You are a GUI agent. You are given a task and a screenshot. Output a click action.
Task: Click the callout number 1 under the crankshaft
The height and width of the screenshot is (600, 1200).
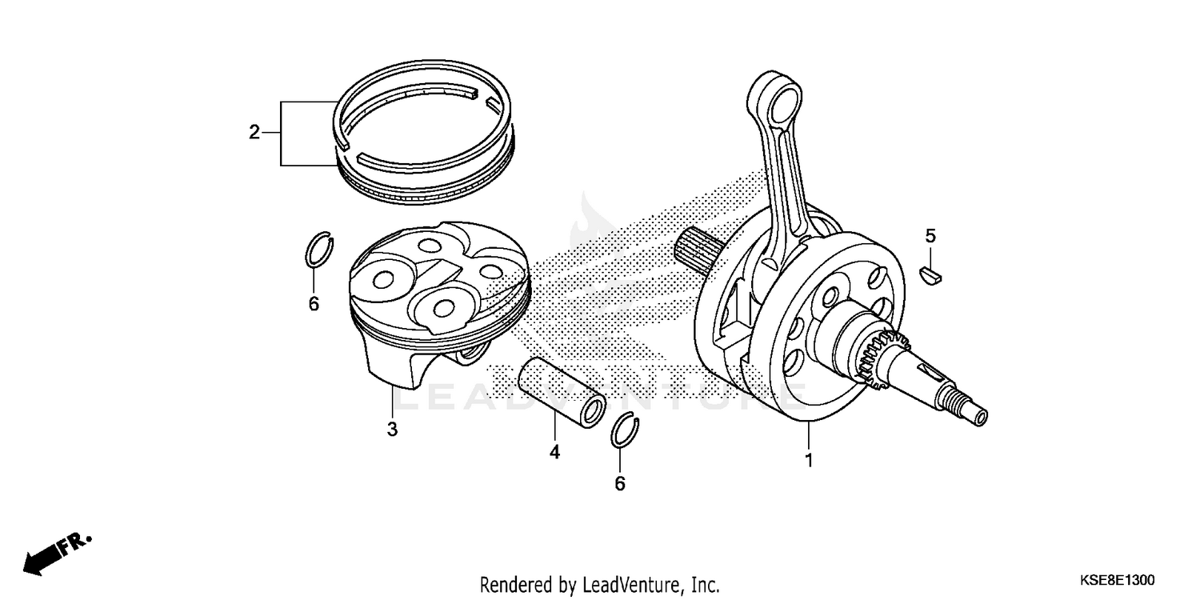(808, 461)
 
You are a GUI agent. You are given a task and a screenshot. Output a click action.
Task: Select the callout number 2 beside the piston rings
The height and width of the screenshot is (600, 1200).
(254, 133)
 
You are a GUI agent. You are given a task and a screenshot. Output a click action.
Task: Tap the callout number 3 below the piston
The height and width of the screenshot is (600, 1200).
(392, 430)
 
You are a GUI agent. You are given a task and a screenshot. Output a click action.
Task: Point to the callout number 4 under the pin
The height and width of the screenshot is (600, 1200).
(554, 453)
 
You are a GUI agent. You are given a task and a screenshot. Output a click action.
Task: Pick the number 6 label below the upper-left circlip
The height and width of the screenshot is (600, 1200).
(314, 304)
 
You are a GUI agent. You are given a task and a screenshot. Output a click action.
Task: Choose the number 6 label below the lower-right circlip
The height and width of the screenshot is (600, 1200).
(620, 484)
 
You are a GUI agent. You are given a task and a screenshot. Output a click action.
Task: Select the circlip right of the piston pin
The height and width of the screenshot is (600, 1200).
(623, 431)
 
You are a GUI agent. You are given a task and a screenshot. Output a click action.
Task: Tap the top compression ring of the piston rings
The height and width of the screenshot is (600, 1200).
(420, 88)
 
